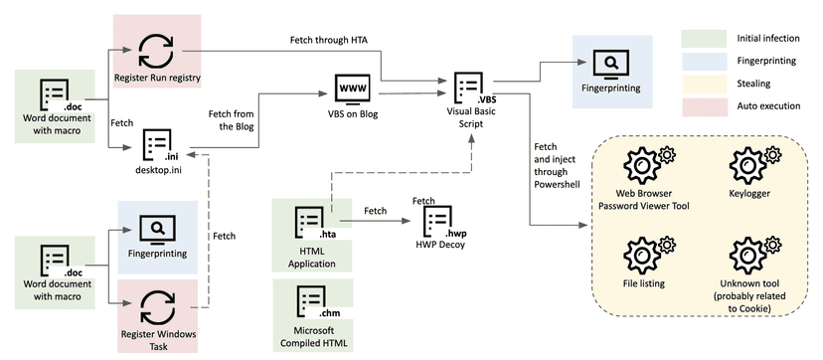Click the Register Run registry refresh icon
[156, 51]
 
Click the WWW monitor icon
[351, 89]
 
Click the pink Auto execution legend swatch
[704, 107]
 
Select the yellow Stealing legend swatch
[704, 84]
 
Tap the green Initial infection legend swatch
[704, 39]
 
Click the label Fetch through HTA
[325, 40]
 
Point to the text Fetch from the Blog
[231, 120]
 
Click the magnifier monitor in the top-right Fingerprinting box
[611, 64]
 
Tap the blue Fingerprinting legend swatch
[704, 62]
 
